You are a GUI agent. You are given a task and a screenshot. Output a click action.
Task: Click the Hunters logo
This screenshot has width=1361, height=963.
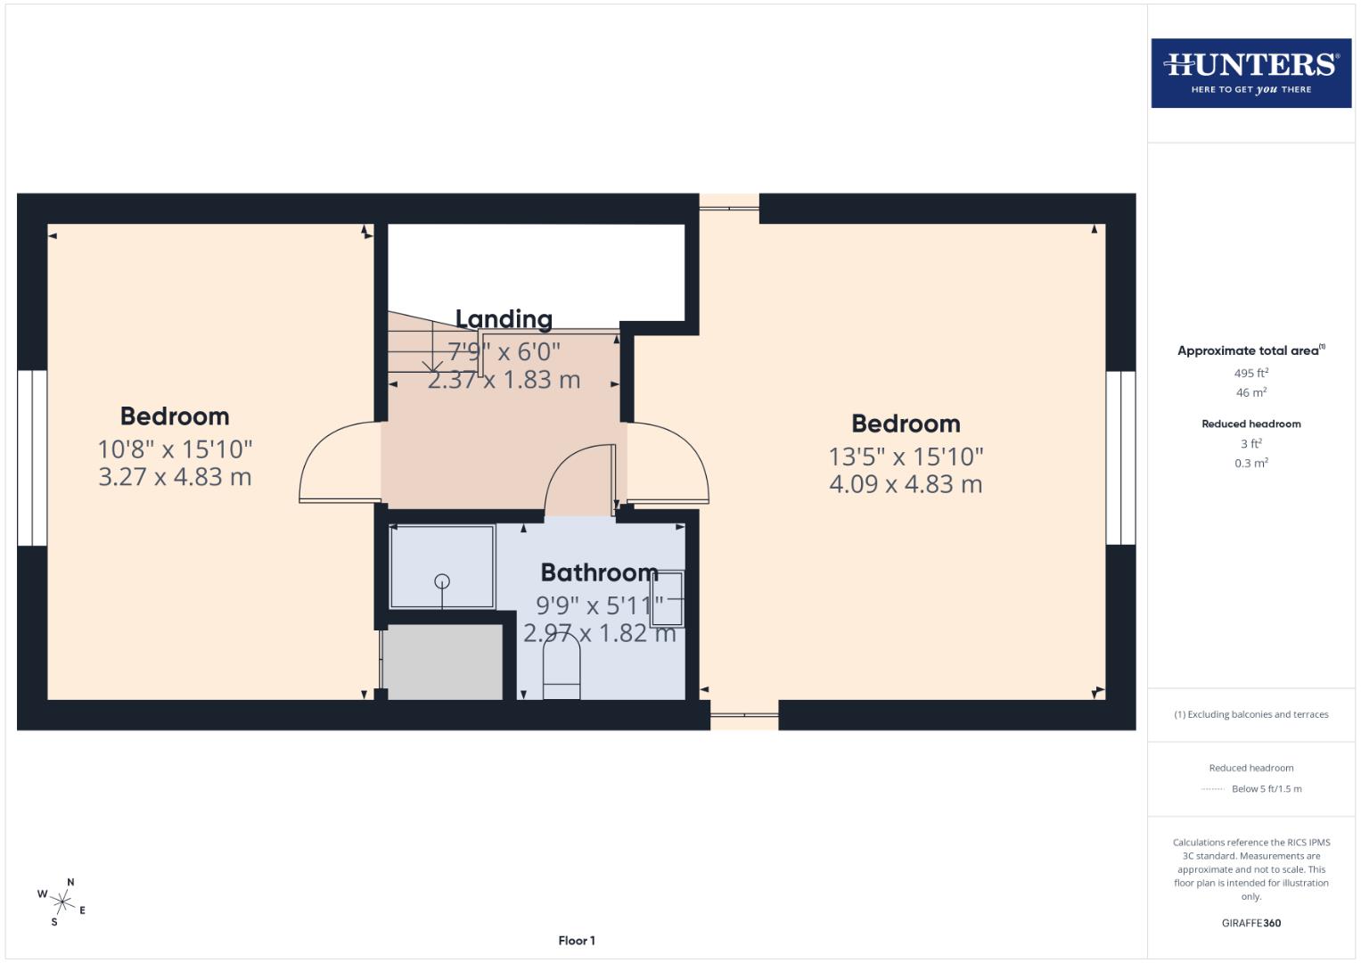click(1251, 73)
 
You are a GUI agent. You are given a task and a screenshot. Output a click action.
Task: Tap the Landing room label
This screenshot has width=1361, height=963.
click(504, 318)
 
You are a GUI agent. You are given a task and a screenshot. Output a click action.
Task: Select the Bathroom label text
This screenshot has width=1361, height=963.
click(599, 572)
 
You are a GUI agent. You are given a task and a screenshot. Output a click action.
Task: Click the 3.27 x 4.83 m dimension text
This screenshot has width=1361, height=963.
click(175, 477)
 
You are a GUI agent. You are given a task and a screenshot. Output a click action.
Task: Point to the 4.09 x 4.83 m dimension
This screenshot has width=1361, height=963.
click(906, 484)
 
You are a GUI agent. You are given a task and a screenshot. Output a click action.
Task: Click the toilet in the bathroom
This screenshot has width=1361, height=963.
click(561, 669)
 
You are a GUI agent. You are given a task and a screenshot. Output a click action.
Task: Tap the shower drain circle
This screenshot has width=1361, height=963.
click(442, 581)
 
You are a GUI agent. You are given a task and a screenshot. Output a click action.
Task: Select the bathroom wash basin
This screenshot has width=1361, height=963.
click(668, 599)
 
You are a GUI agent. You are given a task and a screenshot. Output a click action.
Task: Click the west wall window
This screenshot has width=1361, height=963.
click(31, 457)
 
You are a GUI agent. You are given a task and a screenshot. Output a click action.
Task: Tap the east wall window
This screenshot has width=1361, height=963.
click(1120, 457)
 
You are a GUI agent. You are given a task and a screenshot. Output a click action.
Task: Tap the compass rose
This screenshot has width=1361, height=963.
click(62, 902)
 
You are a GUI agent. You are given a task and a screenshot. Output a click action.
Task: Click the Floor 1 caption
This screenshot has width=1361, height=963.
click(577, 941)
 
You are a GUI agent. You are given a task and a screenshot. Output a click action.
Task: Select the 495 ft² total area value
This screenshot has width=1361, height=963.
click(1251, 373)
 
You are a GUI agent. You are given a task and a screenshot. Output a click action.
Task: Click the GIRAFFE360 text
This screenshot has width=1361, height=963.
click(1251, 923)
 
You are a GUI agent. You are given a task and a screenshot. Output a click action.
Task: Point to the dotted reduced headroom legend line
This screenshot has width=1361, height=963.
click(1212, 789)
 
